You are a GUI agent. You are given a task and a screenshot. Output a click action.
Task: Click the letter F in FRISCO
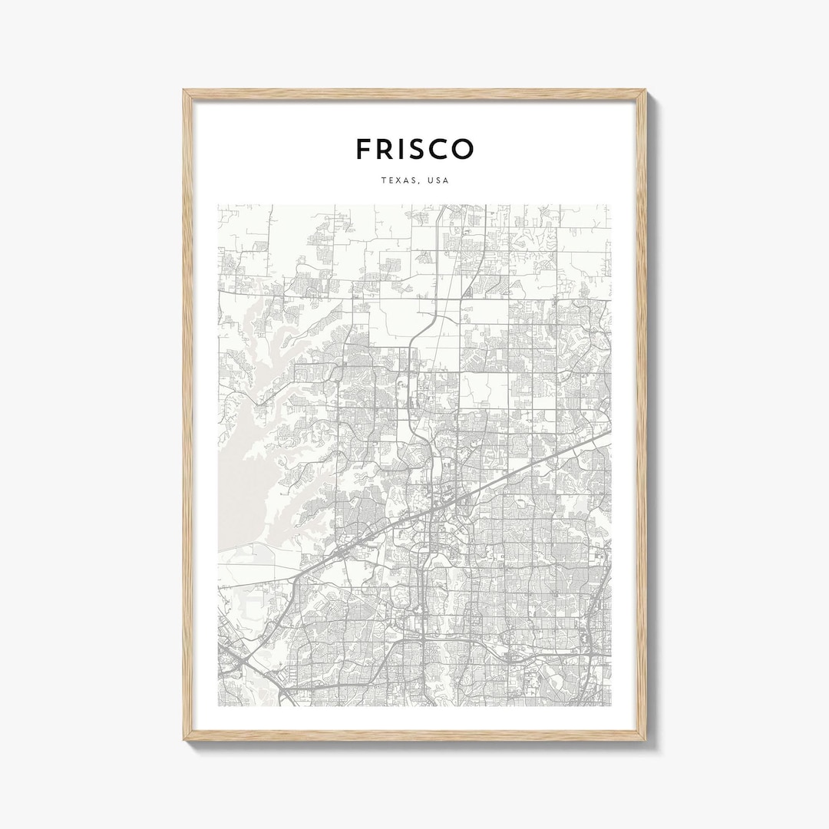click(365, 149)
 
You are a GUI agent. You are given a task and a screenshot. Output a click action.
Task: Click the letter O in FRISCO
click(464, 149)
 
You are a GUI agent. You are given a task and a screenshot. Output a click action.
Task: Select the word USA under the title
click(439, 181)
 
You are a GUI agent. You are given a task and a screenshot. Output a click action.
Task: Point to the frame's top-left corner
click(184, 91)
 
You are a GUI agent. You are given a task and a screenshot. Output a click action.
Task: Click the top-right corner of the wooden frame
click(646, 91)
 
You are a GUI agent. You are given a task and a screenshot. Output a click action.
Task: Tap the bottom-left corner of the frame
click(184, 739)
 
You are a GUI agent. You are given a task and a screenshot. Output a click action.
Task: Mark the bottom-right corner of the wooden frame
click(646, 739)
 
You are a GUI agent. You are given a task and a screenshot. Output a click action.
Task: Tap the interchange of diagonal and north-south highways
click(433, 507)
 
